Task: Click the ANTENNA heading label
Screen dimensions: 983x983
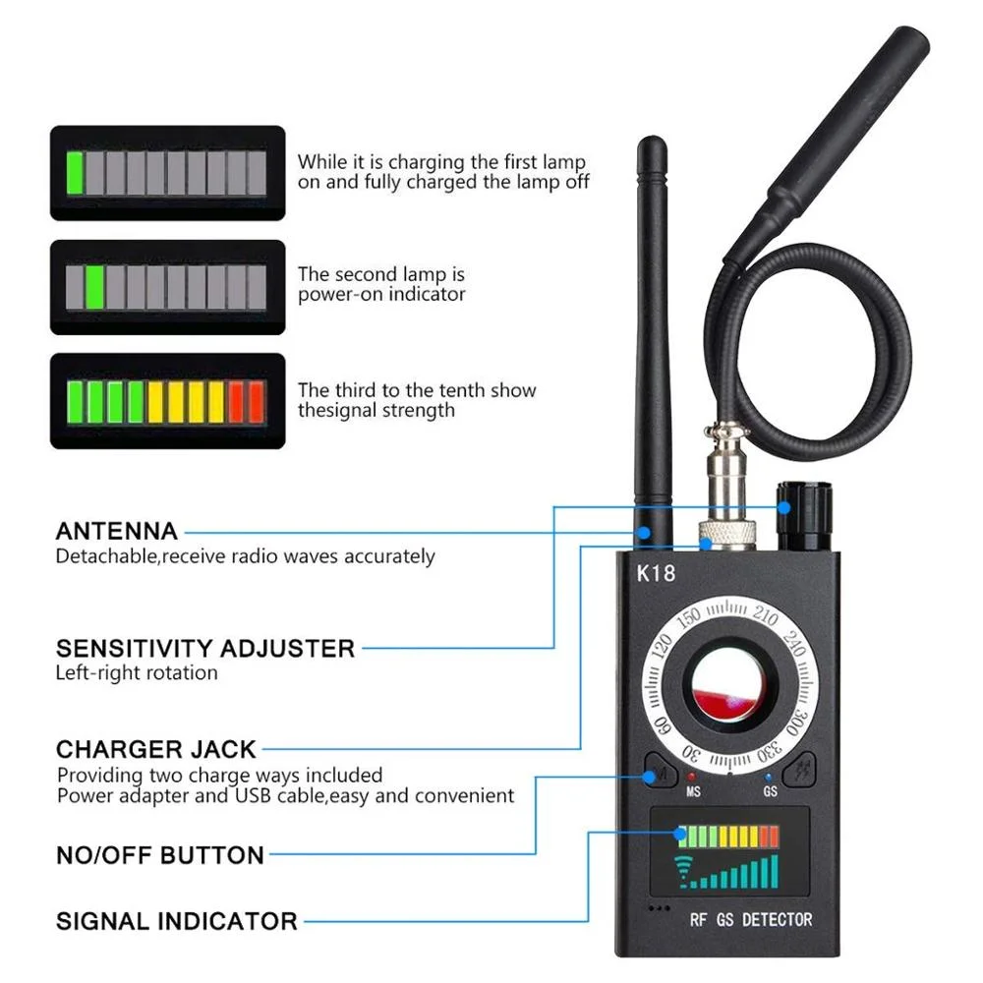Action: pos(117,532)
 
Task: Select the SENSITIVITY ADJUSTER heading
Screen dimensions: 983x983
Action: pos(205,649)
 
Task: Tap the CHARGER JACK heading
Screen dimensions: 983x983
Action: pos(156,749)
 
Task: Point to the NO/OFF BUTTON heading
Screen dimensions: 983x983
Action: pos(160,855)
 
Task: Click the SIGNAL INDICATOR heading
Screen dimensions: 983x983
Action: pos(177,921)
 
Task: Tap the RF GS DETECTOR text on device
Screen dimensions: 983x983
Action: pos(751,919)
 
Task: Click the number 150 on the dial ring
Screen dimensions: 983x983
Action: pos(687,618)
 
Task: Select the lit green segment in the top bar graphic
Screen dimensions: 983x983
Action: pos(76,173)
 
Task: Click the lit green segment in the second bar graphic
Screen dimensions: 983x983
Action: pos(95,286)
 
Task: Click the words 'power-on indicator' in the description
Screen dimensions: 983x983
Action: pos(381,295)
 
